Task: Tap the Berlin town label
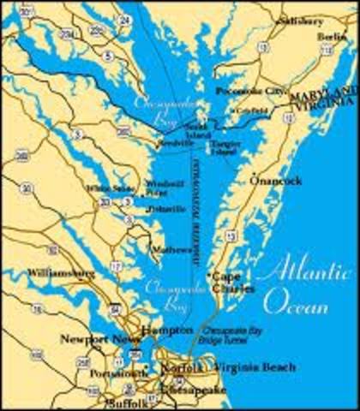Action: pos(332,37)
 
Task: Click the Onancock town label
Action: pos(274,182)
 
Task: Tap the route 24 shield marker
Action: pos(126,20)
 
